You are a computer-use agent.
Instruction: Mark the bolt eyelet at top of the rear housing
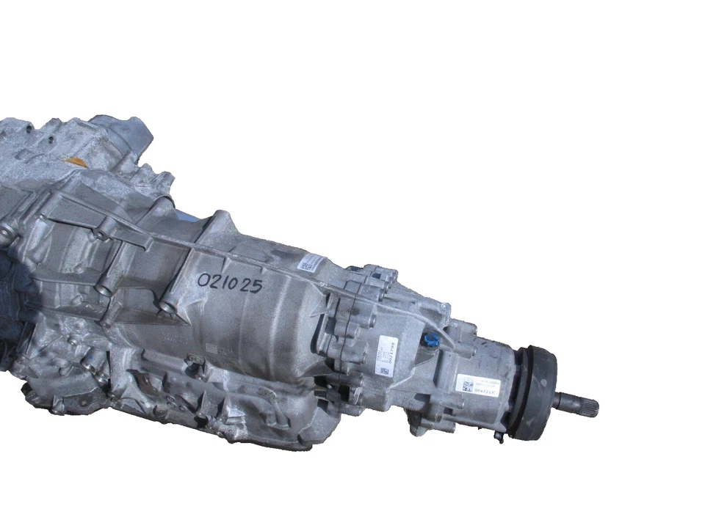click(388, 276)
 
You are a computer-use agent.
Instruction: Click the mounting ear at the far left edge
click(6, 235)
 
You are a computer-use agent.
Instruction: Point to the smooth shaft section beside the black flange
click(562, 401)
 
